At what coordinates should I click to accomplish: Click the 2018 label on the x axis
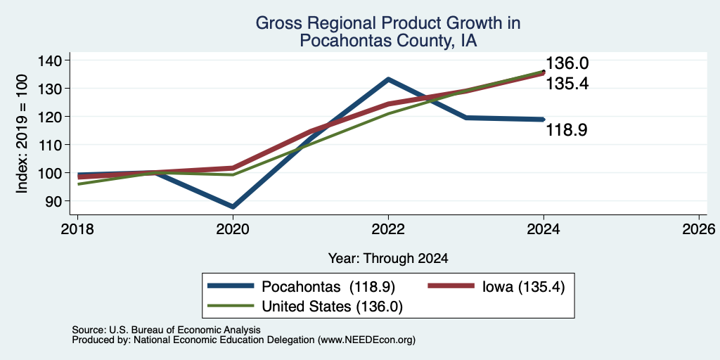(77, 229)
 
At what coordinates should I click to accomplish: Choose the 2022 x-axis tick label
(388, 229)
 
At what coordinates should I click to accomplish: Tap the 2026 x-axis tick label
(699, 229)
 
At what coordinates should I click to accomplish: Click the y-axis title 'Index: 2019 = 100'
(22, 134)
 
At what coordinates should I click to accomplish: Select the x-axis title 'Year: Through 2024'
(388, 259)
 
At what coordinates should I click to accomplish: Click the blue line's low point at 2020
(233, 207)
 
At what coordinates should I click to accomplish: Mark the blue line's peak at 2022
(388, 79)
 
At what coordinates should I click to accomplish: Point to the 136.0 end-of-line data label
(567, 63)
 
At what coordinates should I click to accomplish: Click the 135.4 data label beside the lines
(567, 84)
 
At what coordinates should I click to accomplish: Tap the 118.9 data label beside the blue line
(567, 130)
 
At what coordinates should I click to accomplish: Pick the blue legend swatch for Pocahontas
(231, 286)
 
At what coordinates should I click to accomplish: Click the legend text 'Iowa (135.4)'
(523, 287)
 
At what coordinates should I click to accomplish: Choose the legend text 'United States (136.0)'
(332, 307)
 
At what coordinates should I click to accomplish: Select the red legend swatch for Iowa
(451, 286)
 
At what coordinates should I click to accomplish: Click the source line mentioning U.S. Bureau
(166, 330)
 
